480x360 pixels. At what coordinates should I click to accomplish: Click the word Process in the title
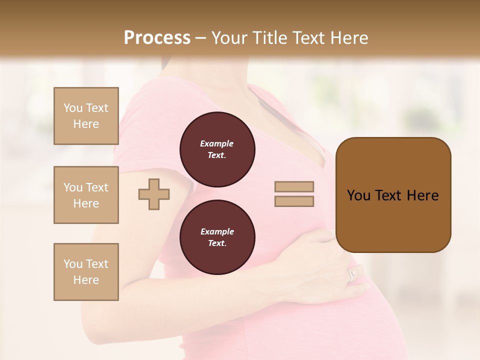157,38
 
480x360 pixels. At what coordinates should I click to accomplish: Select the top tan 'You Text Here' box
86,116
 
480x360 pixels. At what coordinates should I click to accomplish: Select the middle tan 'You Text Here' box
86,195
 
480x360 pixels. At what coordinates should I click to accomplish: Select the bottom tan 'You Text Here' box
86,272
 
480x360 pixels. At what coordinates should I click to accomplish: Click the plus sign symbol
154,194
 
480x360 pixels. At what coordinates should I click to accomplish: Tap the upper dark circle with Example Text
217,149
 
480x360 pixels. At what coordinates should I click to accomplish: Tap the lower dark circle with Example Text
217,237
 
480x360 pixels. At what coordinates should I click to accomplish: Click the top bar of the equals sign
294,187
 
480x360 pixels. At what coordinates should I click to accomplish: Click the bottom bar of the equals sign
294,201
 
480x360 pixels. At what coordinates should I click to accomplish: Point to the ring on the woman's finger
352,274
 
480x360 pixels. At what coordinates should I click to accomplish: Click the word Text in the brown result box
390,195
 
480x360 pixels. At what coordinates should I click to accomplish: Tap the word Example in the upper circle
217,143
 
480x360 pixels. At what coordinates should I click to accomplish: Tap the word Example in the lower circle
217,231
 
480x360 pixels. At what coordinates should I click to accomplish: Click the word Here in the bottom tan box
86,280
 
